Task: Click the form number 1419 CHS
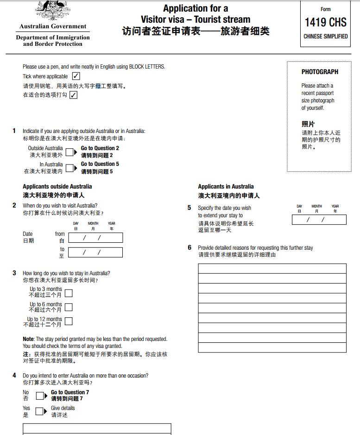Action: (x=325, y=22)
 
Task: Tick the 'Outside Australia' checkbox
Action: (x=69, y=151)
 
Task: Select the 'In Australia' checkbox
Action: (x=69, y=168)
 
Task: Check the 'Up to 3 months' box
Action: (x=69, y=293)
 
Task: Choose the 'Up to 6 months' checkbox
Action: (x=69, y=307)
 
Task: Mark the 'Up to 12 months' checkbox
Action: (x=69, y=322)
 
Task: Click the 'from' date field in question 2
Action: (x=95, y=238)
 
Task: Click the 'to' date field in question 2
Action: (x=95, y=252)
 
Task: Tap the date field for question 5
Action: (x=319, y=220)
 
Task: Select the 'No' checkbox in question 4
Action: (x=40, y=396)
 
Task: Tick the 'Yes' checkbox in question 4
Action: (x=40, y=411)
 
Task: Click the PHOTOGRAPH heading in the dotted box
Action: (x=320, y=72)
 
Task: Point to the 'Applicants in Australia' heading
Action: (x=226, y=186)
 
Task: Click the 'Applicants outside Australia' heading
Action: (x=57, y=187)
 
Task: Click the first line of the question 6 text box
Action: (x=272, y=269)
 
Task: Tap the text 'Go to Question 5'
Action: (x=100, y=164)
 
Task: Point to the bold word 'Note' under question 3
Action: (x=28, y=339)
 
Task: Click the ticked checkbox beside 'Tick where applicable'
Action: (x=76, y=76)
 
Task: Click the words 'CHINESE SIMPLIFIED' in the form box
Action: (x=325, y=36)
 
